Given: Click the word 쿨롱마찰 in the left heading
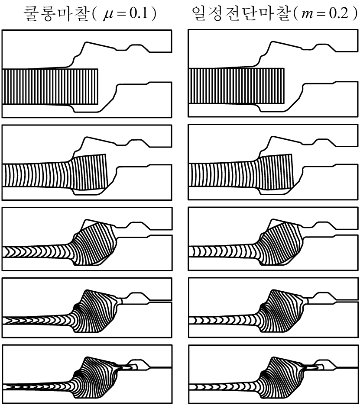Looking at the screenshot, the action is pos(56,13).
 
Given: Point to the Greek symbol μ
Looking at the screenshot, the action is pos(109,15).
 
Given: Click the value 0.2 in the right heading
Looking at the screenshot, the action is pos(339,13).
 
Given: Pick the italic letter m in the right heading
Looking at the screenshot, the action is pos(308,15).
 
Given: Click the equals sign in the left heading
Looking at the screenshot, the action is pos(122,14).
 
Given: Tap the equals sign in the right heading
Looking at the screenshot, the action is pos(321,14).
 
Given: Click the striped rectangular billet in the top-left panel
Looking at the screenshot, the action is pos(50,87).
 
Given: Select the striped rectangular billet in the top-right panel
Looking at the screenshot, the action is pos(237,86).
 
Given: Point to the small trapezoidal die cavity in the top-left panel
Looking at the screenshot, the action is pos(136,47).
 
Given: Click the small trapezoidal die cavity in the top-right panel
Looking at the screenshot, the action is pos(323,47).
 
